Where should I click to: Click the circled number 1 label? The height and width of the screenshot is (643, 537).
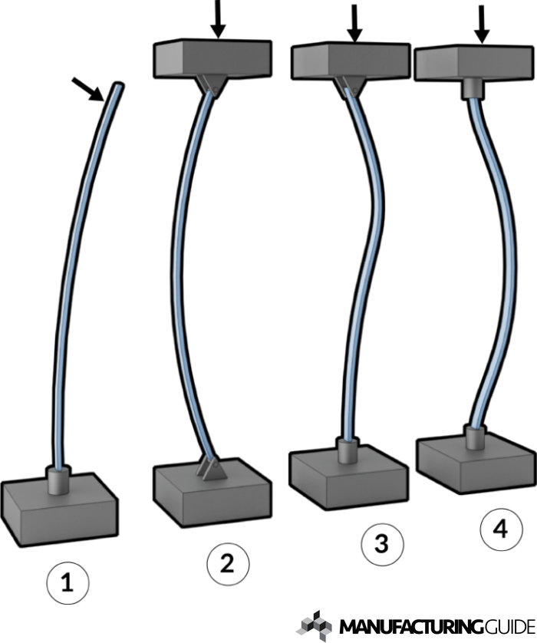pos(68,582)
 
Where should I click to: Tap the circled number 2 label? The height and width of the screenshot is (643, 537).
pos(228,563)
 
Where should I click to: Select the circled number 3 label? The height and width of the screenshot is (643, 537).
pos(382,544)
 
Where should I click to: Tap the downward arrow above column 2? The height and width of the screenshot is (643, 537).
pos(218,19)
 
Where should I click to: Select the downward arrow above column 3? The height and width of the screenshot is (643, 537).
pos(354,23)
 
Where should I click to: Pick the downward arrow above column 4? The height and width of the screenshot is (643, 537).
pos(482,25)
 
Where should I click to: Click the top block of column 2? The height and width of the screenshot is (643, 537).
pos(212,58)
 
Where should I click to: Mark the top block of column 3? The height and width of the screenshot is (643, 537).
pos(351,61)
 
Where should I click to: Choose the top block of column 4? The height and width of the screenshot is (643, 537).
pos(473,63)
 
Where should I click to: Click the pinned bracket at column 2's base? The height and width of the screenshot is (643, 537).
pos(212,468)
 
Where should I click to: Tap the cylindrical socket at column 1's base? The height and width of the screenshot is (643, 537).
pos(59,480)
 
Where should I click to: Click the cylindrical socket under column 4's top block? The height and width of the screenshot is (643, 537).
pos(473,90)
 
